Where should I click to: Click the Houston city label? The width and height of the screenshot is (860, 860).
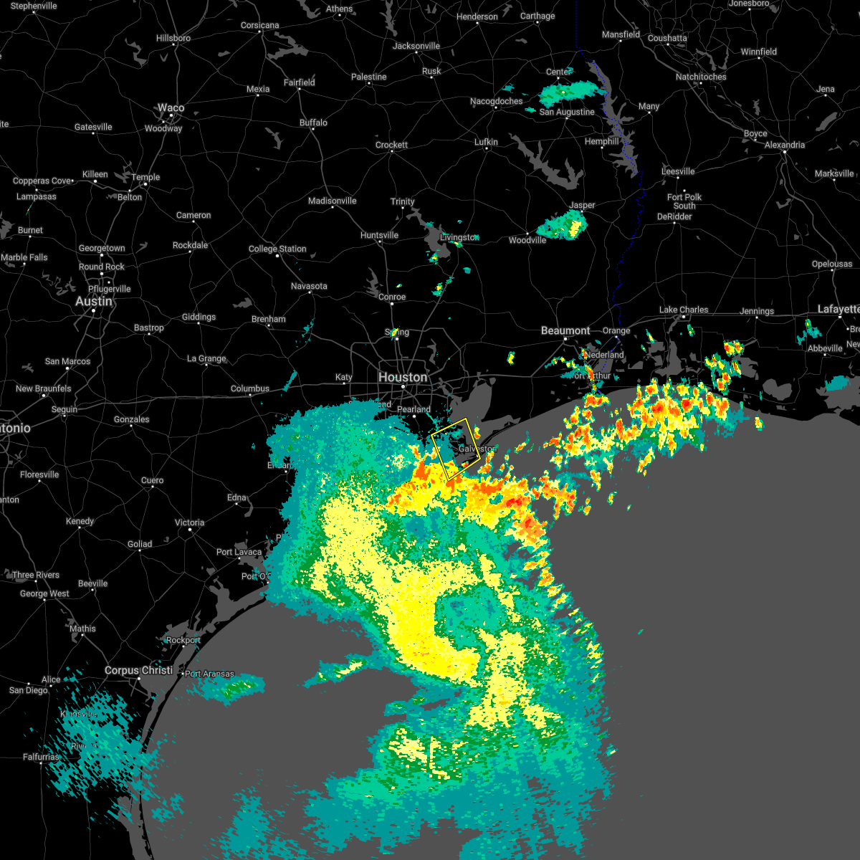[x=403, y=377]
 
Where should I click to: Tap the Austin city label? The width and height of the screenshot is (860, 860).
[x=94, y=302]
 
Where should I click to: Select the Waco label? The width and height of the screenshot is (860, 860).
[x=171, y=108]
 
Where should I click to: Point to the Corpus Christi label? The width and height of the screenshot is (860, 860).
[x=138, y=670]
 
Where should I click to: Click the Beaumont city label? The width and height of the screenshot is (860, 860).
[x=565, y=330]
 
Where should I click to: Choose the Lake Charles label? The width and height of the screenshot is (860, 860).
[x=684, y=310]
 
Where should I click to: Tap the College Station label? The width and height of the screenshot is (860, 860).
[x=277, y=249]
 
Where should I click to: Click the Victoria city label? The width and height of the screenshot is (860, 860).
[x=189, y=522]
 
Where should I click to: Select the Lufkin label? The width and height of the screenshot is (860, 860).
[x=486, y=142]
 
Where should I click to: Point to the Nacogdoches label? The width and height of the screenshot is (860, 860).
[x=497, y=101]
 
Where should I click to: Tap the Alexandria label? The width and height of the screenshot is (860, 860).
[x=785, y=145]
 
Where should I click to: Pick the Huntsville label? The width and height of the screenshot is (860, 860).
[x=379, y=235]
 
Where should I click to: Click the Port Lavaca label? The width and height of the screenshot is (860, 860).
[x=239, y=552]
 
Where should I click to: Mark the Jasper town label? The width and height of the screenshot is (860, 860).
[x=582, y=205]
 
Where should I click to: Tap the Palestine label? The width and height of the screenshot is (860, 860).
[x=368, y=77]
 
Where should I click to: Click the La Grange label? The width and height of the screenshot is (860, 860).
[x=206, y=358]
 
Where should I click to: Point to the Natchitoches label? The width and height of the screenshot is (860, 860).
[x=701, y=77]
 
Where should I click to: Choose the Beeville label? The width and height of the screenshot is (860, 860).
[x=92, y=583]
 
